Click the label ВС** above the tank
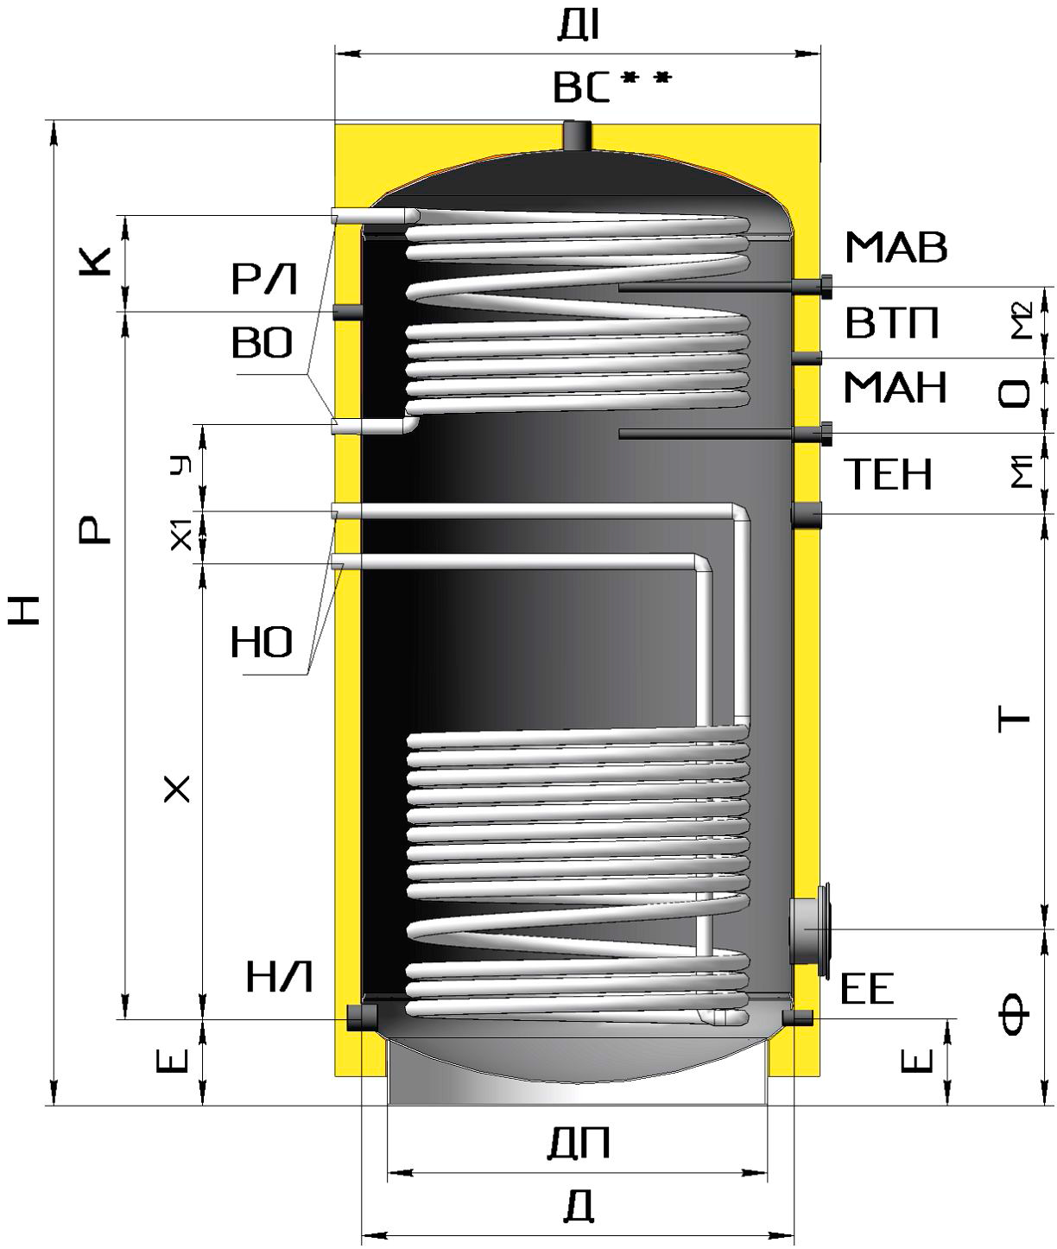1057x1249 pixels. pos(611,86)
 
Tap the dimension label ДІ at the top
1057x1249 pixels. pos(579,26)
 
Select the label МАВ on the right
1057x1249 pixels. pos(896,248)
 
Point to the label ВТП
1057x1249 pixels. pos(892,323)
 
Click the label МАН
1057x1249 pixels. pos(895,387)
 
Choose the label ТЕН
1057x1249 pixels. pos(888,474)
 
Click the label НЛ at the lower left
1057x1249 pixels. pos(279,977)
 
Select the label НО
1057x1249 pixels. pos(262,643)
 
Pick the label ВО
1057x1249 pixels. pos(263,344)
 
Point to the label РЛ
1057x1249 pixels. pos(264,279)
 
